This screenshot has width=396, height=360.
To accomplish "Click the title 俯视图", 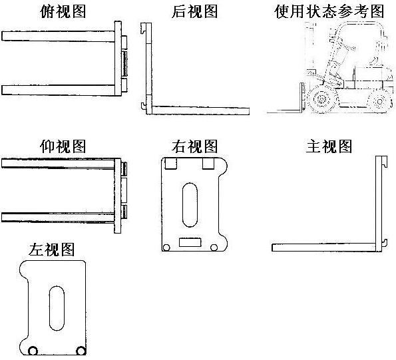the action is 63,11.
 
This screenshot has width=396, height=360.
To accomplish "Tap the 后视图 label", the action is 194,11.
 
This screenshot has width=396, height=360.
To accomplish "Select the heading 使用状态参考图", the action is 329,11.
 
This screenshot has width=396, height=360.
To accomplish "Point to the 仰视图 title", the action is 63,146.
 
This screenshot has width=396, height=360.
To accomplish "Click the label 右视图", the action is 194,146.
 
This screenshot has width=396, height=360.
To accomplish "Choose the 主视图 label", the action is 329,146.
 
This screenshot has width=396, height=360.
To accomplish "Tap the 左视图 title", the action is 51,250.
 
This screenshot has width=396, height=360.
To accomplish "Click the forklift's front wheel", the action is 323,99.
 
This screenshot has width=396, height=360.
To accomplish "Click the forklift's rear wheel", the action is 379,101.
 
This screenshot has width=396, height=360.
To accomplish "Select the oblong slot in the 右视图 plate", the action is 190,205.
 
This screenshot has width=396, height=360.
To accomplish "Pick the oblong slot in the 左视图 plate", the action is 57,308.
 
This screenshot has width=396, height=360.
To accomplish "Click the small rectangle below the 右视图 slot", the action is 190,242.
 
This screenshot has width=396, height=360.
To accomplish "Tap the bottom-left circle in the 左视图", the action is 33,351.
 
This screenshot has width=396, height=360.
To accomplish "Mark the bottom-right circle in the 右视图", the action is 214,248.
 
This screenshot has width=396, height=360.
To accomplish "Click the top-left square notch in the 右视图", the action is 171,164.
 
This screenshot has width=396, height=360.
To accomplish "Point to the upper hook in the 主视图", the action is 385,162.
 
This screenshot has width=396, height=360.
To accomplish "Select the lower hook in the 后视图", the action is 144,106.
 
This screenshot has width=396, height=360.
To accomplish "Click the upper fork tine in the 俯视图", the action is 59,36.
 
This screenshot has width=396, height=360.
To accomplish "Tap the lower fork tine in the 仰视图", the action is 58,218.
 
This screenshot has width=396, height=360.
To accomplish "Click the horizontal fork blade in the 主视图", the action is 323,248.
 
